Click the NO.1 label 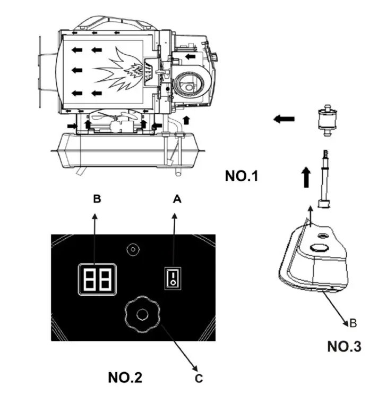pyautogui.click(x=242, y=175)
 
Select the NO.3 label pyautogui.click(x=344, y=347)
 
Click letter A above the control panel pyautogui.click(x=178, y=199)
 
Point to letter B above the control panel pyautogui.click(x=97, y=199)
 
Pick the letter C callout pyautogui.click(x=199, y=378)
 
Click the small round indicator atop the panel pyautogui.click(x=133, y=248)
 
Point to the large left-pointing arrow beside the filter pyautogui.click(x=285, y=120)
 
